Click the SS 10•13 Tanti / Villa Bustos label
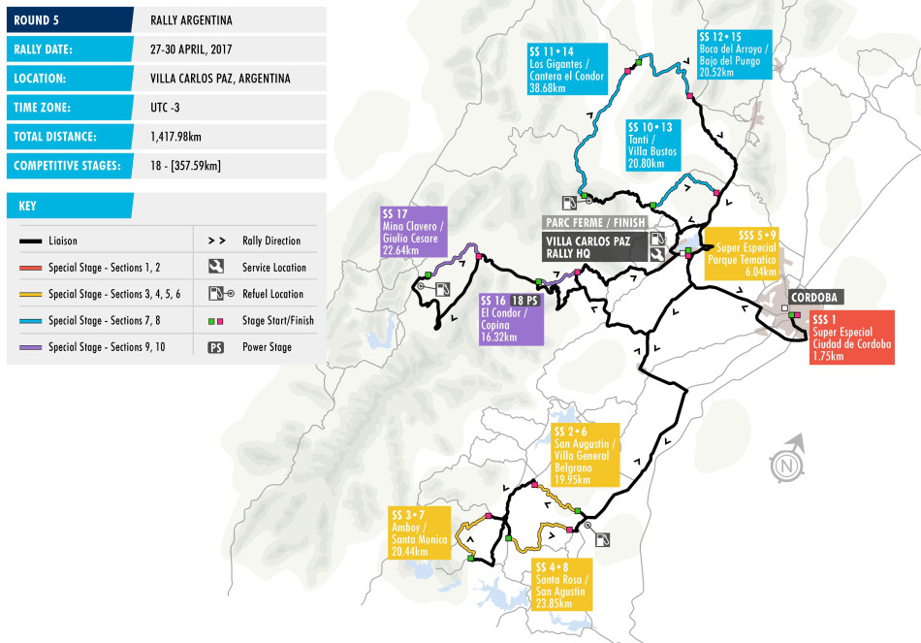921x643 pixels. coord(651,146)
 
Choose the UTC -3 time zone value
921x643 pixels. coord(167,108)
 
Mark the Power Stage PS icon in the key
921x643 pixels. coord(216,346)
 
